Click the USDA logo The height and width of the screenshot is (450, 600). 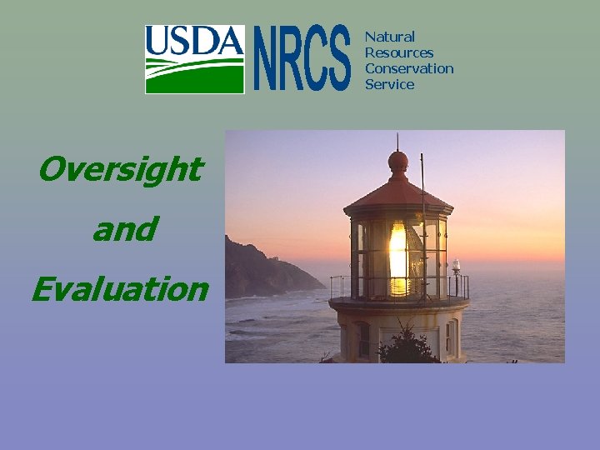click(x=195, y=58)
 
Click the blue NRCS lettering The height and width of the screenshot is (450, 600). click(x=302, y=58)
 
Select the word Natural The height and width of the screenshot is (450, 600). click(x=389, y=37)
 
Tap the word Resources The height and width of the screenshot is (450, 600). click(x=399, y=52)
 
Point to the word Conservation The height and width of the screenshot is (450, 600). click(x=409, y=68)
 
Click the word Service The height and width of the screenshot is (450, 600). click(x=389, y=84)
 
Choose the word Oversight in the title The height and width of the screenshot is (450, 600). click(x=120, y=169)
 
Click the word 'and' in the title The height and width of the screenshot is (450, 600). click(x=124, y=229)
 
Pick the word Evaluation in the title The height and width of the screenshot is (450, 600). click(x=120, y=289)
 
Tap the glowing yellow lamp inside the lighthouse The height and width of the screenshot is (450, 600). click(x=398, y=258)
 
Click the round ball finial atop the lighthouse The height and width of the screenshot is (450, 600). click(x=398, y=160)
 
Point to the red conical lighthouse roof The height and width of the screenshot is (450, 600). click(x=398, y=193)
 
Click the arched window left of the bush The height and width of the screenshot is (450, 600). click(x=363, y=340)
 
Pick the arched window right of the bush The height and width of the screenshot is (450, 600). click(x=451, y=337)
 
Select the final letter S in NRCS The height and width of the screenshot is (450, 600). click(x=337, y=58)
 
